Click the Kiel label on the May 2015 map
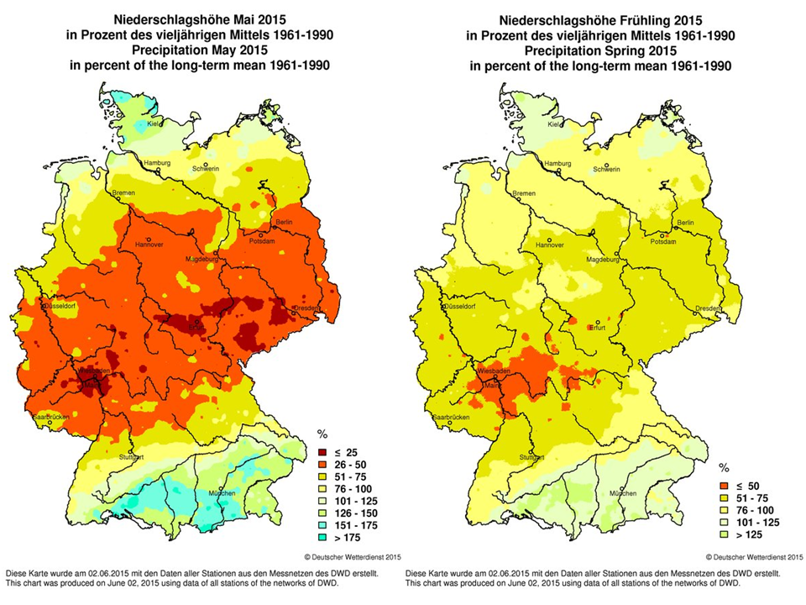pyautogui.click(x=154, y=124)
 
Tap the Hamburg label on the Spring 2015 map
pyautogui.click(x=558, y=162)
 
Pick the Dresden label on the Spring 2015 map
pyautogui.click(x=710, y=308)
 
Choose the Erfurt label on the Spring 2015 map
pyautogui.click(x=598, y=329)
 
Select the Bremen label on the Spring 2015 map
pyautogui.click(x=524, y=194)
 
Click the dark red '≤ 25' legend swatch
pyautogui.click(x=322, y=453)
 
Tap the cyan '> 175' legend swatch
pyautogui.click(x=322, y=536)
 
